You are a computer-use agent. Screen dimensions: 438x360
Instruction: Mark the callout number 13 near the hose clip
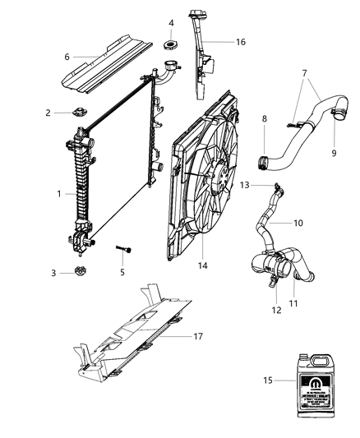point(244,186)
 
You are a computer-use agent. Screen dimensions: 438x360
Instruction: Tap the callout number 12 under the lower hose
point(277,310)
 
